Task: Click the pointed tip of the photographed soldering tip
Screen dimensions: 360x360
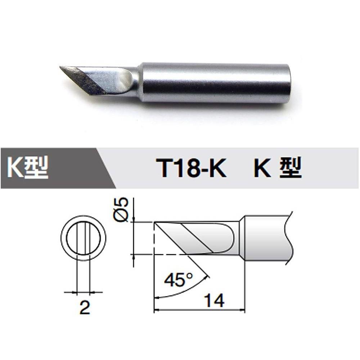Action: [60, 67]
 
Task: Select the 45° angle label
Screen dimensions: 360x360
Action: [178, 280]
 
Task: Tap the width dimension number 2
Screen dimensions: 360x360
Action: [84, 308]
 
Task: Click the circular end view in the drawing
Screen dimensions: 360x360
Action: [83, 238]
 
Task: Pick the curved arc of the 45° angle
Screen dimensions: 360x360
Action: [187, 291]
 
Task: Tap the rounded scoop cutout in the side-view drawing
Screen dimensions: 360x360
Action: [223, 238]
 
